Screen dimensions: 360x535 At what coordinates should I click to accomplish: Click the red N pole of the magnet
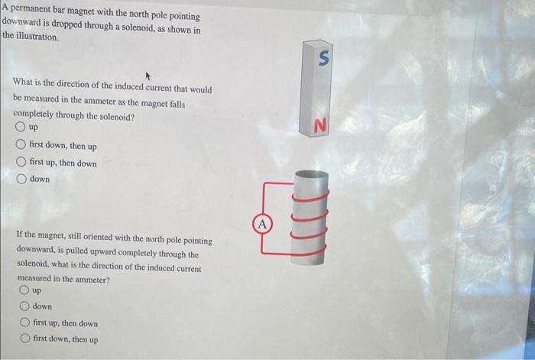[321, 126]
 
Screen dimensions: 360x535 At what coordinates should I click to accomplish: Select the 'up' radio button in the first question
[19, 127]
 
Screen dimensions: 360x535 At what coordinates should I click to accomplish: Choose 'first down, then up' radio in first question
[21, 145]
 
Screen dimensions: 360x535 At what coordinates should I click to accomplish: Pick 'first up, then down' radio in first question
[21, 162]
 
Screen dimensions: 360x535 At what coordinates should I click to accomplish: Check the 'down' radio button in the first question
[21, 179]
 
